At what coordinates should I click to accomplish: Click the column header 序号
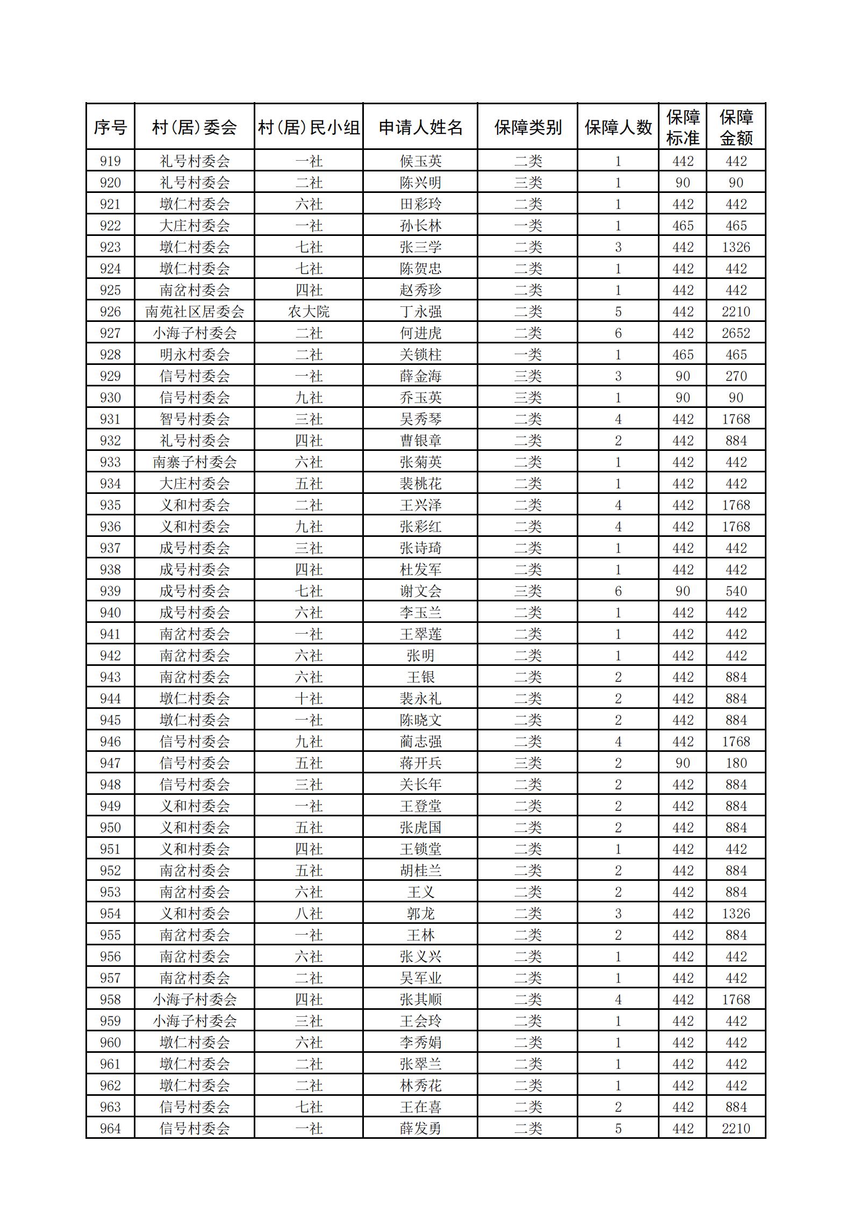point(110,127)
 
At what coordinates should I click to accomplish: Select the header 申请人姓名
point(420,127)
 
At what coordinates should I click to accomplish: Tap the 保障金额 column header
point(736,127)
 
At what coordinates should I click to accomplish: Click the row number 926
point(110,312)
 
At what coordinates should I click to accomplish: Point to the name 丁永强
point(420,312)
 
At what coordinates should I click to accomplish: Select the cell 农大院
point(309,312)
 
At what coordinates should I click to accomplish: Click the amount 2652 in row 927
point(736,333)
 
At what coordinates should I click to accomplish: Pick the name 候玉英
point(420,161)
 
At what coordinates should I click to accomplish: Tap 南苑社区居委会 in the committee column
point(195,312)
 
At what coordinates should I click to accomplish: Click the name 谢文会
point(420,591)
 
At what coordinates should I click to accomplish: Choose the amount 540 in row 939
point(736,591)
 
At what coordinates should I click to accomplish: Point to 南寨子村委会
point(195,462)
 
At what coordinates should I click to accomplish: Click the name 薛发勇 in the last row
point(420,1129)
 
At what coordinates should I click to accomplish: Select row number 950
point(110,828)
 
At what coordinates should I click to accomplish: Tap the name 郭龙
point(420,914)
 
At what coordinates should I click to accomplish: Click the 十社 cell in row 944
point(309,699)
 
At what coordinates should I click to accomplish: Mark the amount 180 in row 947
point(736,763)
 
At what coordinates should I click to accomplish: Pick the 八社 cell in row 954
point(309,914)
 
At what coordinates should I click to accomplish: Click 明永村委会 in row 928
point(195,355)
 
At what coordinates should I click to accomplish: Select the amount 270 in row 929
point(736,376)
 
